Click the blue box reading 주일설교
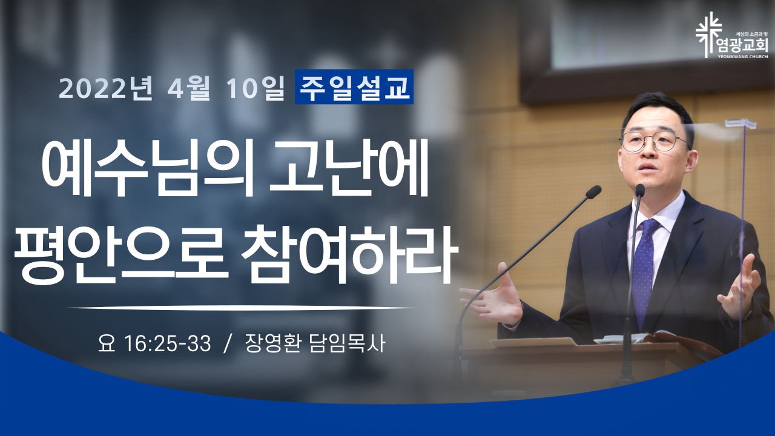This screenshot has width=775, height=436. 354,87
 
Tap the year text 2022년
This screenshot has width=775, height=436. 106,88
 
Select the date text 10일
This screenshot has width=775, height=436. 256,88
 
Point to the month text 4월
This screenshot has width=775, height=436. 189,88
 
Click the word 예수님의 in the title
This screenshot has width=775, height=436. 149,169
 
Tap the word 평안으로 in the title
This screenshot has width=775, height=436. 121,255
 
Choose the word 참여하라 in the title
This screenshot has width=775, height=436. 349,255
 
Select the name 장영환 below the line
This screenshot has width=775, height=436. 272,343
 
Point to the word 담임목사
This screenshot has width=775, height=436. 347,343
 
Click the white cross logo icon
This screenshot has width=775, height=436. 708,35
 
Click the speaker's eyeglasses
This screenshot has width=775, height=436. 652,142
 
